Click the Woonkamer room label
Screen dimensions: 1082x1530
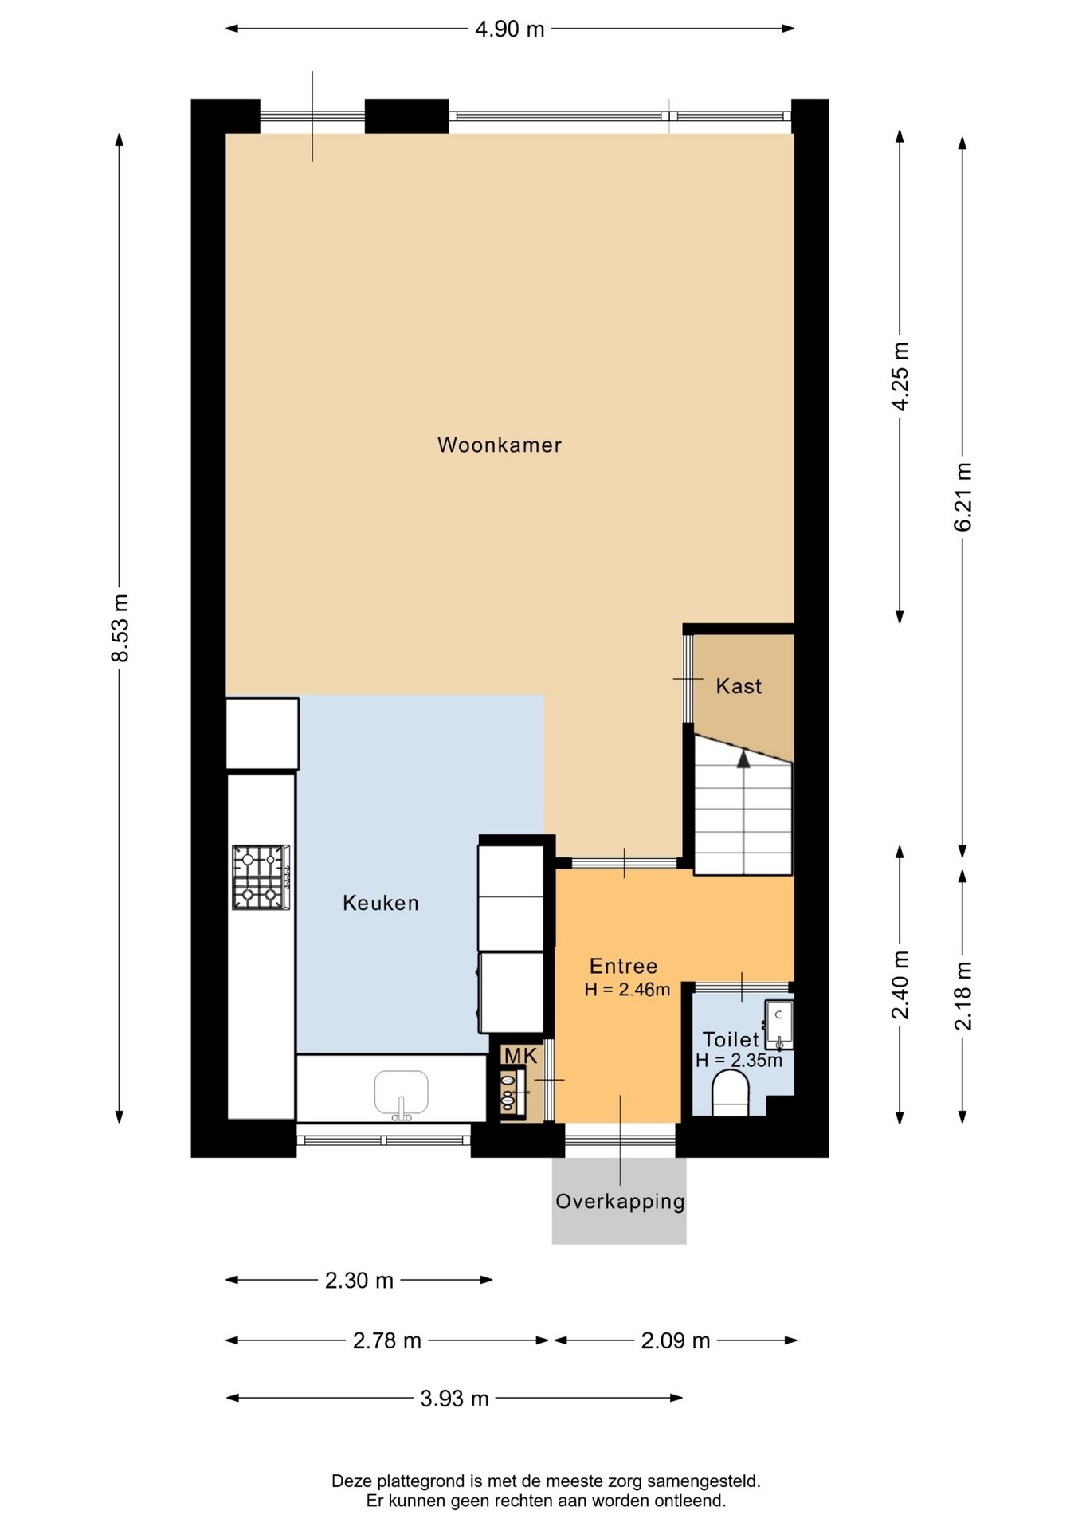(x=500, y=445)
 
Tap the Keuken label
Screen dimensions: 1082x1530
(x=381, y=903)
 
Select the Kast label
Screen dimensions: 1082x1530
(x=739, y=686)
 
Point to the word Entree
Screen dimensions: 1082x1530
(x=624, y=966)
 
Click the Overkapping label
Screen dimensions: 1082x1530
(x=620, y=1202)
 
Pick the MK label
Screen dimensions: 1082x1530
(x=520, y=1056)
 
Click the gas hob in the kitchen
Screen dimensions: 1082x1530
(x=261, y=877)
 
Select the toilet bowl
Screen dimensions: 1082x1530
(x=731, y=1093)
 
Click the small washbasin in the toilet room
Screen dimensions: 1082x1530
(x=779, y=1025)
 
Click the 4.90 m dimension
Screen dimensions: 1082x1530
(x=510, y=29)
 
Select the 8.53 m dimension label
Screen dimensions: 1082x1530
(x=120, y=628)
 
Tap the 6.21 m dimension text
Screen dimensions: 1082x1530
(x=963, y=496)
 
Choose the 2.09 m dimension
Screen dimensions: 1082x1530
(x=676, y=1340)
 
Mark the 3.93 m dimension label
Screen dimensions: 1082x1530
(x=455, y=1399)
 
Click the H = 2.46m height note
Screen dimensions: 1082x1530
(x=627, y=990)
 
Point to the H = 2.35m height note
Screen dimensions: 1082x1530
(x=739, y=1061)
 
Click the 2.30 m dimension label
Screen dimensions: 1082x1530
(x=359, y=1281)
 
